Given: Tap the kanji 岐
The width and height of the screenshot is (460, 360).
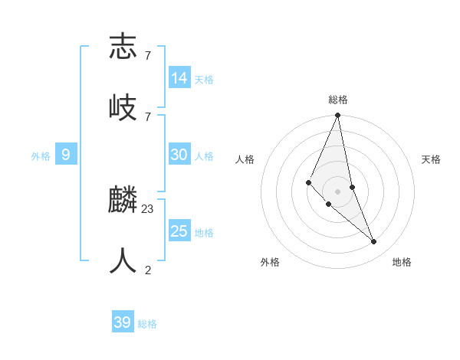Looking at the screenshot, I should point(123,107).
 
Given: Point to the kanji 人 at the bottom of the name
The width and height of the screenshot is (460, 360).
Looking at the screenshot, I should point(123,261).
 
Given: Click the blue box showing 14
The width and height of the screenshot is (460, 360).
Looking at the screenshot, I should point(179,78).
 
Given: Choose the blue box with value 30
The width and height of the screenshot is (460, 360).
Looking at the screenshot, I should point(179,155).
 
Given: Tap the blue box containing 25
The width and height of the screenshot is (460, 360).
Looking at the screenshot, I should point(179,231).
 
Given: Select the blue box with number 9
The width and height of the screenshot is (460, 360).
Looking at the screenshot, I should point(66,155).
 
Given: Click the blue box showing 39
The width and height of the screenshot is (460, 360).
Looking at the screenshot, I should point(123,322).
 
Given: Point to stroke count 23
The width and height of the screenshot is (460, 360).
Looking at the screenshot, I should point(148,208).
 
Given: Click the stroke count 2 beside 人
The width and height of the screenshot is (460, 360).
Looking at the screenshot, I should point(147,270).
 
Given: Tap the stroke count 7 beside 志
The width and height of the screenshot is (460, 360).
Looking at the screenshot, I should point(147,55).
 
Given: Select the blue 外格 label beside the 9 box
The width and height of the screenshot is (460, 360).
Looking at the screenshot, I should point(41,156).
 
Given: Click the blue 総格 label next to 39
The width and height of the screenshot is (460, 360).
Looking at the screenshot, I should point(147,324).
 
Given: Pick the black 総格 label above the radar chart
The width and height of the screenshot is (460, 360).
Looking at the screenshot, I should point(338,100).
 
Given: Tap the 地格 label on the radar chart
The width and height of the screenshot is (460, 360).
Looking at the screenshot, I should point(402,262).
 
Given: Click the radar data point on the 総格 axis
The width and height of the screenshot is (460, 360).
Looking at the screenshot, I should point(338,116).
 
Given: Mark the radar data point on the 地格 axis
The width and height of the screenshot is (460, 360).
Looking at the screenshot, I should point(374,241).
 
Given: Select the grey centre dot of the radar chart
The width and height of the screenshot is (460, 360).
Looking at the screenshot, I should point(338,191).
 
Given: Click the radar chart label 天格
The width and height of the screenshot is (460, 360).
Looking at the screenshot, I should point(431,159).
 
